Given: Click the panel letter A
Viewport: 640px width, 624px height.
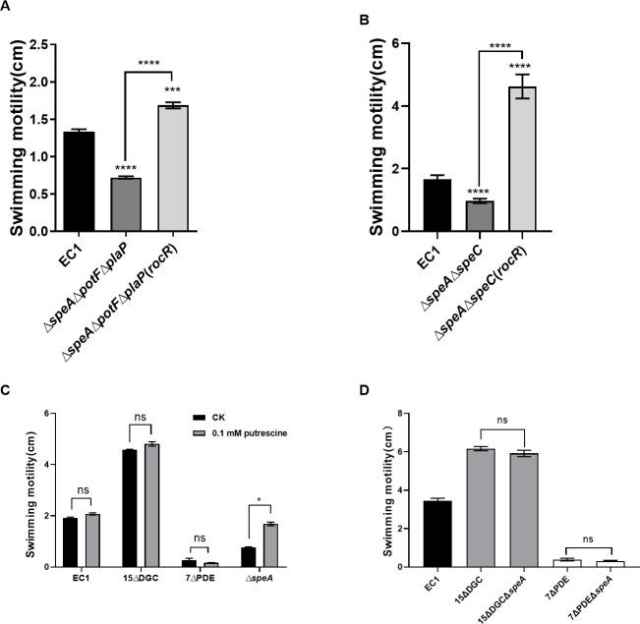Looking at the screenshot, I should [10, 7].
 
